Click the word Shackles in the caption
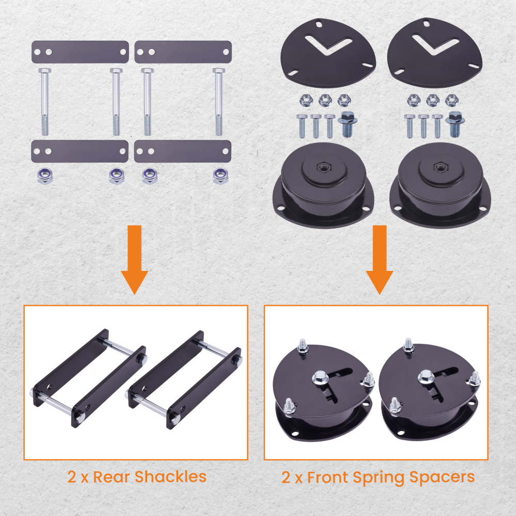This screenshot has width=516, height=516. tap(170, 476)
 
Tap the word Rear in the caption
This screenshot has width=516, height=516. tap(110, 476)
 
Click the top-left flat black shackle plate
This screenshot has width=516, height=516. tap(80, 52)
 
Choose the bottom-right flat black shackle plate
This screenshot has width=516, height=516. tap(183, 152)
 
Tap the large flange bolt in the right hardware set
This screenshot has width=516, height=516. tap(454, 123)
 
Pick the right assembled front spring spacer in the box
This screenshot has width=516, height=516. tap(431, 392)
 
